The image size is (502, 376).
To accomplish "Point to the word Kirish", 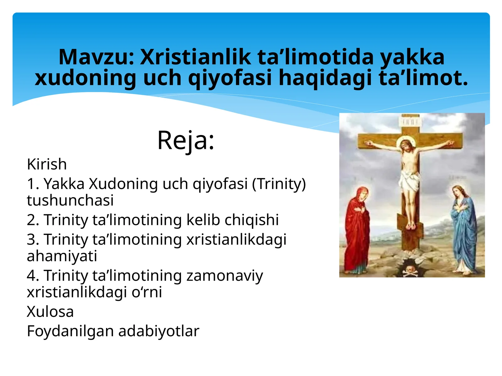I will (x=47, y=164).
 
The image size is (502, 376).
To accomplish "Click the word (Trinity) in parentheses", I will (x=279, y=184).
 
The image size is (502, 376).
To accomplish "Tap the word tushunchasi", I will (x=70, y=201).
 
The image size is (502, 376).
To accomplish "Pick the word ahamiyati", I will (x=62, y=256).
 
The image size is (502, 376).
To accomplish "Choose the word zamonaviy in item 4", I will (x=224, y=276).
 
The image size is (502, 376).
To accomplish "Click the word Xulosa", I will (x=50, y=312).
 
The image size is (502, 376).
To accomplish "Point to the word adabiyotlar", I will (x=159, y=331).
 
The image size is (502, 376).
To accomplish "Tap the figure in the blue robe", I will (x=463, y=229).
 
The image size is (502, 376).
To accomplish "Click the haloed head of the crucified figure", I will (x=407, y=145).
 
